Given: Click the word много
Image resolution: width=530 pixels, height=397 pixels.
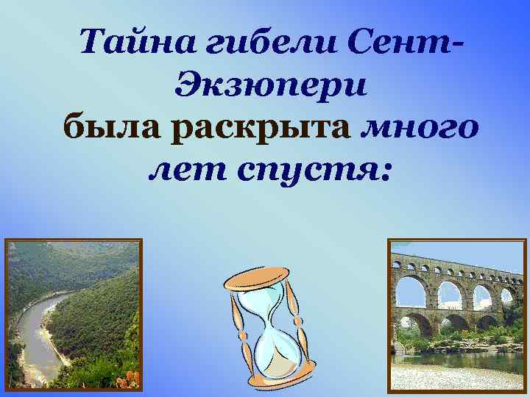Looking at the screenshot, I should click(420, 129).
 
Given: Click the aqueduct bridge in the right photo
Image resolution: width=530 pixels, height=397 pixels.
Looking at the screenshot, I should click(456, 290).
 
